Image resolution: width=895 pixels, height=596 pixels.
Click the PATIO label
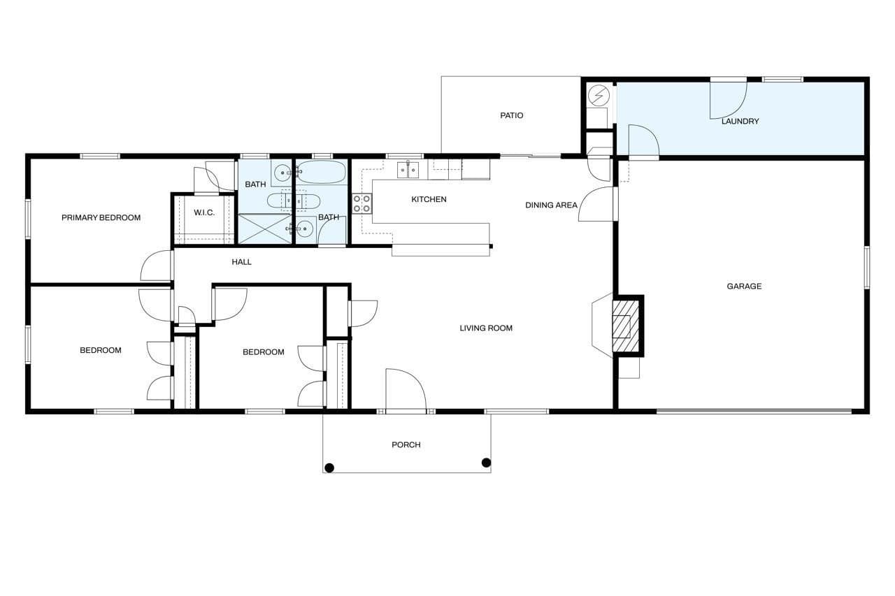pyautogui.click(x=511, y=115)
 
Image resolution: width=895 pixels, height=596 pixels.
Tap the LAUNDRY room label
pyautogui.click(x=740, y=122)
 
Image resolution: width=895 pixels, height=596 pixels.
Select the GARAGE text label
pyautogui.click(x=744, y=286)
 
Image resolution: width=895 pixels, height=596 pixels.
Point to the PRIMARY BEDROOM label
pyautogui.click(x=101, y=217)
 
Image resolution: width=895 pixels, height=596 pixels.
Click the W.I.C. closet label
pyautogui.click(x=204, y=212)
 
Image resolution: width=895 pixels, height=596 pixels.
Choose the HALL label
pyautogui.click(x=241, y=262)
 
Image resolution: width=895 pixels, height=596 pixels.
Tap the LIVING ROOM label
pyautogui.click(x=486, y=328)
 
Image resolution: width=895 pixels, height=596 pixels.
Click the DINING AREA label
pyautogui.click(x=551, y=205)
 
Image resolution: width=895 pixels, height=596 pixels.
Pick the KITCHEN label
pyautogui.click(x=429, y=199)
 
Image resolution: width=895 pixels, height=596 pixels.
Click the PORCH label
pyautogui.click(x=406, y=444)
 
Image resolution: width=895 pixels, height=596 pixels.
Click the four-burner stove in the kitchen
pyautogui.click(x=361, y=203)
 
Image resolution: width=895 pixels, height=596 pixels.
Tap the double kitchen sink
pyautogui.click(x=408, y=170)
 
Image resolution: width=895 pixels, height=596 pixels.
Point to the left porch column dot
pyautogui.click(x=329, y=468)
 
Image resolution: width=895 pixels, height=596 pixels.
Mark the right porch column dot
pyautogui.click(x=486, y=463)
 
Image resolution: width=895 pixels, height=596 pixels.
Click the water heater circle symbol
pyautogui.click(x=599, y=96)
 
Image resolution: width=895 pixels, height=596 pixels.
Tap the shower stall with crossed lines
pyautogui.click(x=265, y=228)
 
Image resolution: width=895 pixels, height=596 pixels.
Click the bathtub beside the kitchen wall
pyautogui.click(x=322, y=172)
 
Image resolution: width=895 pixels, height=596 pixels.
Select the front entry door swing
pyautogui.click(x=406, y=389)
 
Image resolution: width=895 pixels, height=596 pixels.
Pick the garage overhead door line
pyautogui.click(x=754, y=411)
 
